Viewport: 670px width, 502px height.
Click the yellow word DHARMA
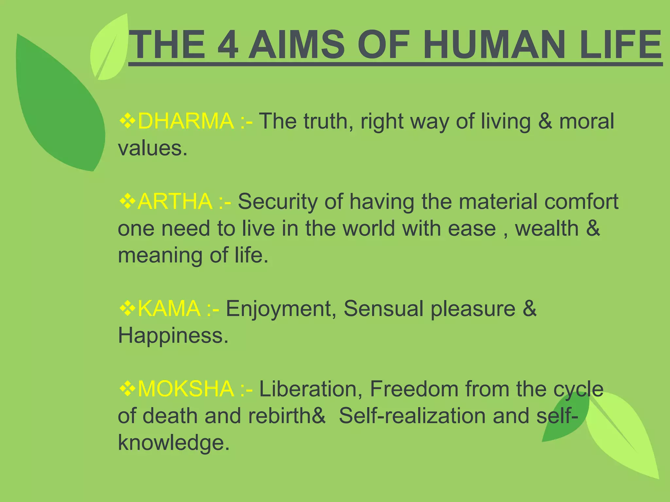(185, 121)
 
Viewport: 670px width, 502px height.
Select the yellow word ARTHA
(175, 201)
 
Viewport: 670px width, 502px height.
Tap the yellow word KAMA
(169, 308)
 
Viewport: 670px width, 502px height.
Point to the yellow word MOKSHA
(185, 389)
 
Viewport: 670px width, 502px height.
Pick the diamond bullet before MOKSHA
(127, 389)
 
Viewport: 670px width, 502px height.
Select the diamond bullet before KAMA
(127, 308)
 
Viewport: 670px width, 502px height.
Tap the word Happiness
(173, 336)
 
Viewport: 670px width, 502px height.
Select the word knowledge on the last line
(173, 443)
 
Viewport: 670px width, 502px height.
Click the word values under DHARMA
(152, 148)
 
